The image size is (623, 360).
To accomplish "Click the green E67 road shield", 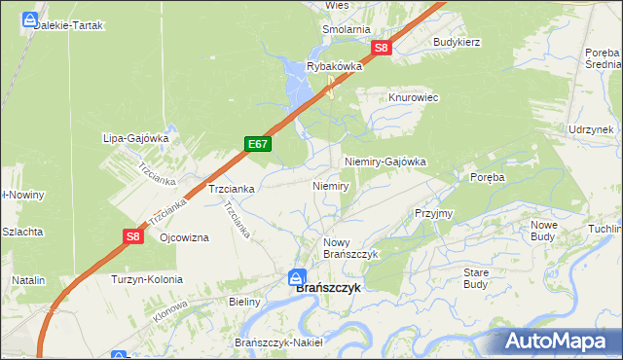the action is pos(258,144).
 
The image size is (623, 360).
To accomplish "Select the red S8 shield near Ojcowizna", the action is pos(133,235).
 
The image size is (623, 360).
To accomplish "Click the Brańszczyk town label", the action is pos(328,288).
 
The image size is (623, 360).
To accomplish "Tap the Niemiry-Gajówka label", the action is pos(385,162).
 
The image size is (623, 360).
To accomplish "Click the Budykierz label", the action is pos(458,43).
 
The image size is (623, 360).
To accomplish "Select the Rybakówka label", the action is pos(334,66).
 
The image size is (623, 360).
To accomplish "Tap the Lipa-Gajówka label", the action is pos(136,138).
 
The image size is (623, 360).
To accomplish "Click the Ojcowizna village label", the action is pos(184,238).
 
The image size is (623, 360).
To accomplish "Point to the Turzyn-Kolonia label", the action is pos(147,279).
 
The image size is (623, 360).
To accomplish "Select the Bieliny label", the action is pos(245,302).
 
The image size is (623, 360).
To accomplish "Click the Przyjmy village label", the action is pos(433,213).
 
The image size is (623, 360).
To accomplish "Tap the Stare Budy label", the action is pos(475,278).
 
